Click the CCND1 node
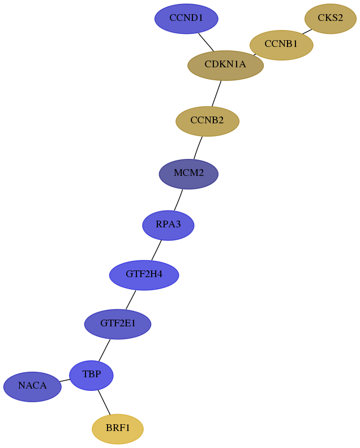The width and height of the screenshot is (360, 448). [186, 19]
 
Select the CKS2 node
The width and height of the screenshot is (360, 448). [330, 19]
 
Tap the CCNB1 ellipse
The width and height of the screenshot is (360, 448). [281, 45]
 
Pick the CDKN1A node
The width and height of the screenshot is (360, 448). [226, 66]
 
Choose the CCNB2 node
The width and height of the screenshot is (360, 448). [207, 121]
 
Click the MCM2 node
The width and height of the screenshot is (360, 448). [188, 174]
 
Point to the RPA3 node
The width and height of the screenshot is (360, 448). [168, 226]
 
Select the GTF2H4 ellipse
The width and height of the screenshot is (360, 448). [144, 275]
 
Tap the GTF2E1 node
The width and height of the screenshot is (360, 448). [118, 324]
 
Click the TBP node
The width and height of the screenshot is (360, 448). [91, 376]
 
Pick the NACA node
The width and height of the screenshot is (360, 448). [32, 386]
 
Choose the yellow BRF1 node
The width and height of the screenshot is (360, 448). [118, 429]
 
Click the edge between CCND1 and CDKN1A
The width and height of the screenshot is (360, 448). [206, 42]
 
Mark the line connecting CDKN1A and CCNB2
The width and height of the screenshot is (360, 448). [216, 93]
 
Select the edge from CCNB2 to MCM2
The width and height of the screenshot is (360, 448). [198, 148]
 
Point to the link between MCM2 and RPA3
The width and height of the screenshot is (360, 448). [178, 200]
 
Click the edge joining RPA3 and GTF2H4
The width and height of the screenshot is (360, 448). [156, 250]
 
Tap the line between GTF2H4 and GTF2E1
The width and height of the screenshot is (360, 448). [131, 300]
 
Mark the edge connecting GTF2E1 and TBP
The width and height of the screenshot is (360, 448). [104, 350]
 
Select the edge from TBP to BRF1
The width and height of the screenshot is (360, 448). [104, 402]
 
